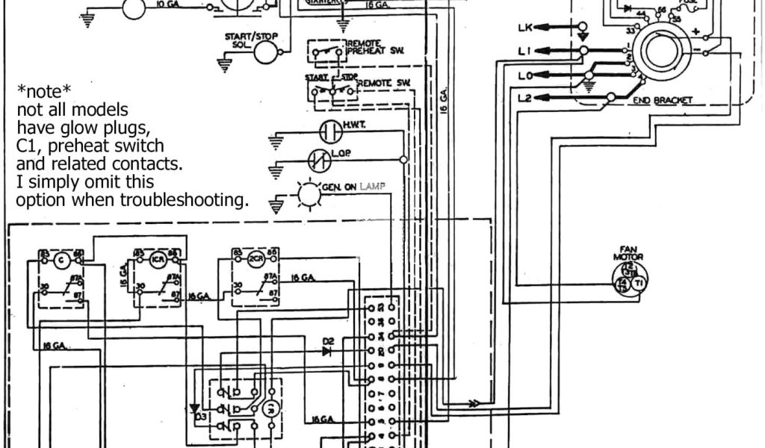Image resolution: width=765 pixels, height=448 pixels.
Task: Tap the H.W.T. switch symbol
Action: click(x=329, y=131)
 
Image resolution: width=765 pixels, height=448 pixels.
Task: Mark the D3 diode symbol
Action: click(x=196, y=408)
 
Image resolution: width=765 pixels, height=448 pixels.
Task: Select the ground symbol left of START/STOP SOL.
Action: click(x=222, y=64)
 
